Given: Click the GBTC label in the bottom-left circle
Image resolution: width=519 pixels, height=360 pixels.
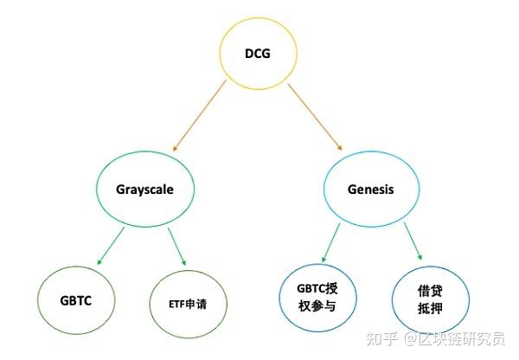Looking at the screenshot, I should pos(77,301).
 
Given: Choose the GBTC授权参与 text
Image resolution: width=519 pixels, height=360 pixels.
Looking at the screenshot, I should pos(318,296).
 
